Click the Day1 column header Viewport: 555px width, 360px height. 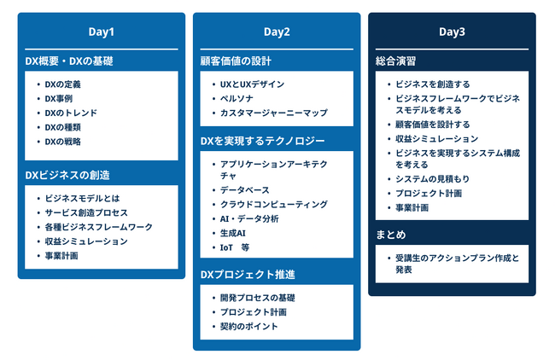(101, 32)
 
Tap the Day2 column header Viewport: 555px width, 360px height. (277, 32)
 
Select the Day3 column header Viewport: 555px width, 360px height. (452, 32)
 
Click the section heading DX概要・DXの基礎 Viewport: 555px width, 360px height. (69, 61)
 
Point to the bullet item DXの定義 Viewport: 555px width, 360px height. (63, 84)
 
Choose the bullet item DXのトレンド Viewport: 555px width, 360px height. (71, 113)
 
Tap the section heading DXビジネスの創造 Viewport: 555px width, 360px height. (67, 175)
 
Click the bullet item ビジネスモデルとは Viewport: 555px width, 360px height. (82, 198)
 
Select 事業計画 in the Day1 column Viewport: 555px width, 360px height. (62, 255)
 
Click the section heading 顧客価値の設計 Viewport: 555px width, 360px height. (237, 61)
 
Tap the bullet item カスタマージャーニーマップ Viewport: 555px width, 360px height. (273, 113)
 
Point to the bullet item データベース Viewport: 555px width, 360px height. (243, 190)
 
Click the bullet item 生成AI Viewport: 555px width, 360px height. (233, 233)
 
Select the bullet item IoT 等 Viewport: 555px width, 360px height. (234, 247)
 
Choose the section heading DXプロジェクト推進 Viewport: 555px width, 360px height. (248, 275)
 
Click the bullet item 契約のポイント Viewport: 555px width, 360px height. (248, 326)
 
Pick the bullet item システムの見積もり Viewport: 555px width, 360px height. (432, 178)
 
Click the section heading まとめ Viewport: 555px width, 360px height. (391, 235)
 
